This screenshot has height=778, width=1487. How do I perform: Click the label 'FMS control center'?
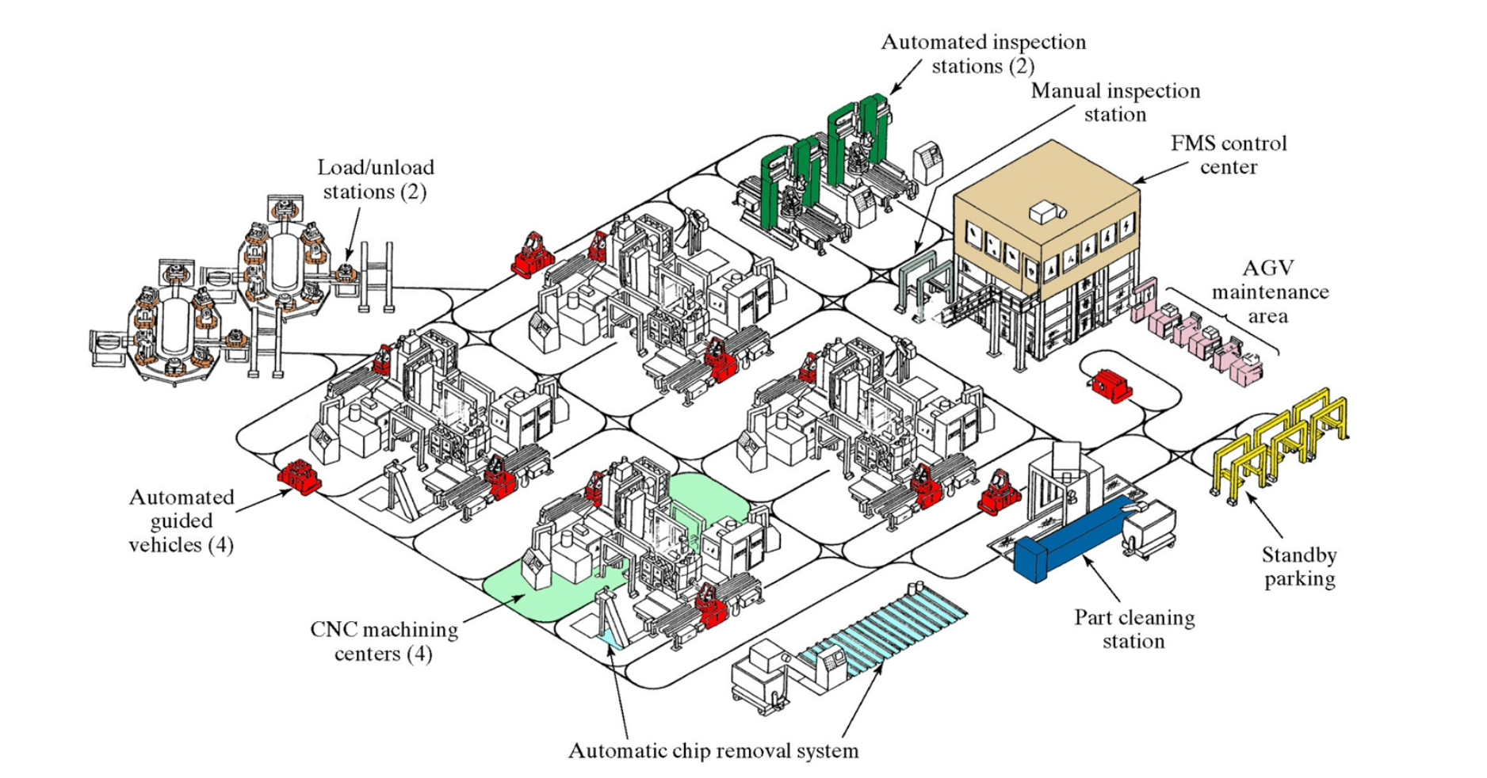(1228, 155)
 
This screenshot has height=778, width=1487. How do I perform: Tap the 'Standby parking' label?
(1299, 566)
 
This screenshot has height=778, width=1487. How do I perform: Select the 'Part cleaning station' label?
(1134, 629)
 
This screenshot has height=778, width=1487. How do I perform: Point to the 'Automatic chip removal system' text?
(713, 750)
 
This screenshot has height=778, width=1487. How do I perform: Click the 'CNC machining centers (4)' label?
(384, 641)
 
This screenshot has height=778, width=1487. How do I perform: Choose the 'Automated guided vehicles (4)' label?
(182, 521)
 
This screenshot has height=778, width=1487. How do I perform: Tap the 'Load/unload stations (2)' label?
(376, 179)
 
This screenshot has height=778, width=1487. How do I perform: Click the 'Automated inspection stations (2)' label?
(983, 54)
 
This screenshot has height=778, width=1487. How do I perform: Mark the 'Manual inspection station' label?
(1115, 102)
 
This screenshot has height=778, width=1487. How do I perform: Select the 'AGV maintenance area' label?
(1270, 292)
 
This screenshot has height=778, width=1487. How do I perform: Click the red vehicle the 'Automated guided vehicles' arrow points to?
(298, 477)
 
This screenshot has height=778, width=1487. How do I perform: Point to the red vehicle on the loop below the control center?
(1111, 386)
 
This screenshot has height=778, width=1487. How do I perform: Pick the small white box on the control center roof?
(1046, 212)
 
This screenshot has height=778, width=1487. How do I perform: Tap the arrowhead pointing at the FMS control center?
(1139, 181)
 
